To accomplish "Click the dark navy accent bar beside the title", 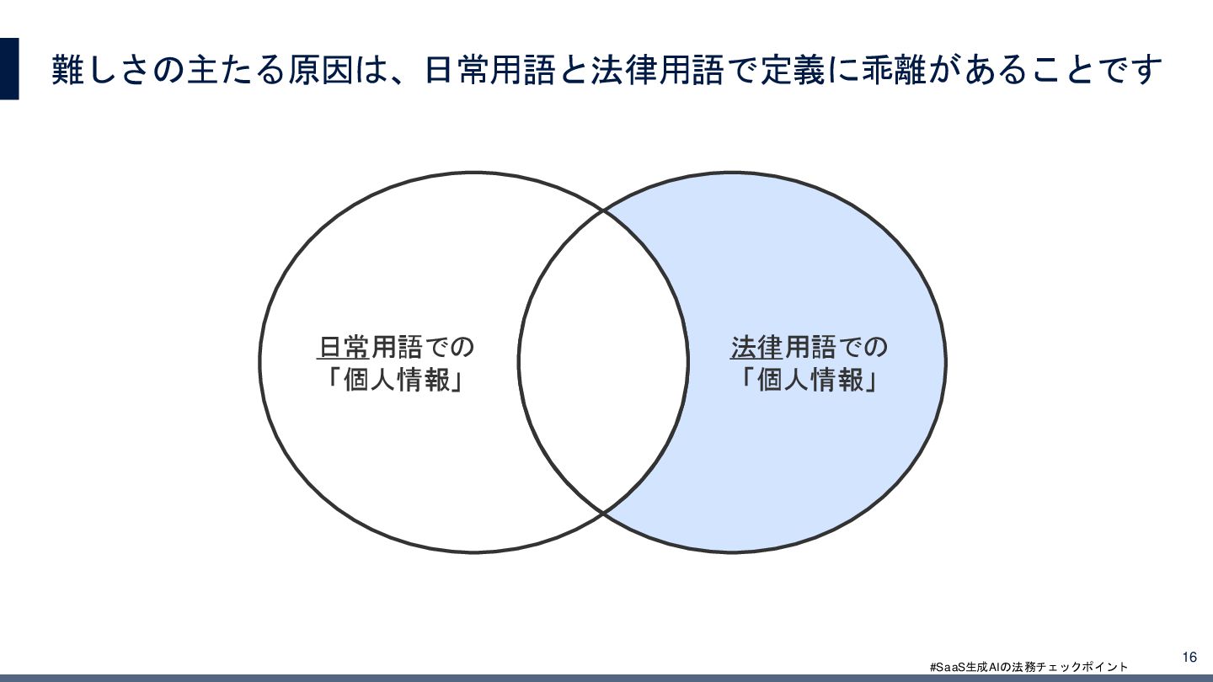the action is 9,69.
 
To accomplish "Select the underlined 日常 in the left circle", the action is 344,347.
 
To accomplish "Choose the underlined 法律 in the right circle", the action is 757,347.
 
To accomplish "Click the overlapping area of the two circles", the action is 603,362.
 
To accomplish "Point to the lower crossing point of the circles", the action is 604,512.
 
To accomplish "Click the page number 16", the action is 1189,657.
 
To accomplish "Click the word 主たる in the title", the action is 230,69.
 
